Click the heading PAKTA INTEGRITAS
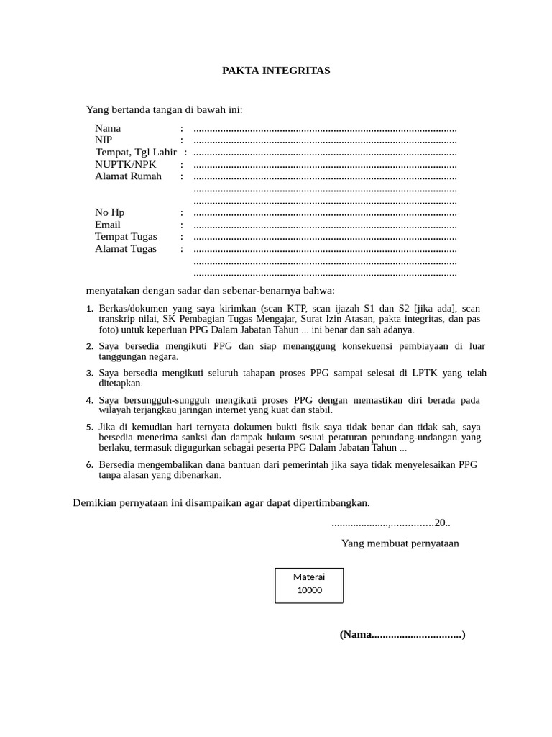(275, 71)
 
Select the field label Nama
(108, 128)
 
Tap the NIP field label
(103, 140)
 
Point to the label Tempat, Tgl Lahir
(136, 152)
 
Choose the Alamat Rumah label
(128, 176)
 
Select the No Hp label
(109, 212)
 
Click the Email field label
(108, 225)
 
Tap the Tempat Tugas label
(126, 237)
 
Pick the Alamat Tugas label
(125, 249)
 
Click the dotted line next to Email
(325, 225)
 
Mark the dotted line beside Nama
(325, 129)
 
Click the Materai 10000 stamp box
(309, 584)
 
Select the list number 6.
(90, 465)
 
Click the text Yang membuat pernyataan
(400, 543)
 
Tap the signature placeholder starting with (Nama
(402, 635)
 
